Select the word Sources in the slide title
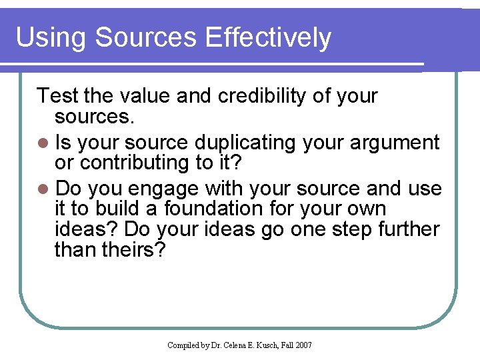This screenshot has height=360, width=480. [x=147, y=38]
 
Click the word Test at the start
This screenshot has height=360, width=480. [x=58, y=96]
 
